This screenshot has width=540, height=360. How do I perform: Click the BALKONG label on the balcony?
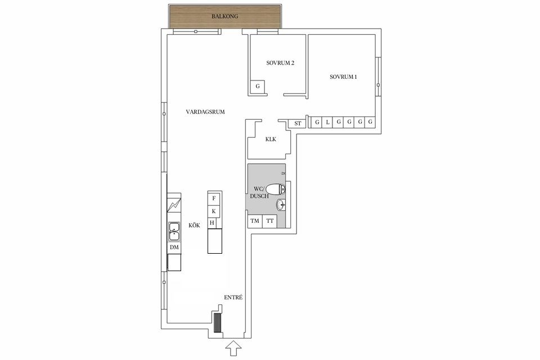[225, 17]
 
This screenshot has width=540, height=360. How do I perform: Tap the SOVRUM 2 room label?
[280, 63]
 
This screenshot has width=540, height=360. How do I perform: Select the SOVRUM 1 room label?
[343, 76]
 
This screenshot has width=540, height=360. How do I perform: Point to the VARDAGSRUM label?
[205, 112]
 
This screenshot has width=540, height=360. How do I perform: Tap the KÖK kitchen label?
[195, 225]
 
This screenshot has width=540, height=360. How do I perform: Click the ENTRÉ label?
[233, 297]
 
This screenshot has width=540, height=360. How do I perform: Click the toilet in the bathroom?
[274, 190]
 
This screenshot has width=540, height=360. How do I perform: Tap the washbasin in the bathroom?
[281, 205]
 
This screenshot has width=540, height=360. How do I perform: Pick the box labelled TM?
[255, 221]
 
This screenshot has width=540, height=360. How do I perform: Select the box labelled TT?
[270, 221]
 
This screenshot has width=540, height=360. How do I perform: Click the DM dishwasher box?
[174, 247]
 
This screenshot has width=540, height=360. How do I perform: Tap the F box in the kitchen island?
[214, 199]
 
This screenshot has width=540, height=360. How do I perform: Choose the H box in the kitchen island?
[213, 223]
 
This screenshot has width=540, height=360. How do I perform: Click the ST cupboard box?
[298, 124]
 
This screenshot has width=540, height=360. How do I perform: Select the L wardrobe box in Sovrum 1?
[328, 122]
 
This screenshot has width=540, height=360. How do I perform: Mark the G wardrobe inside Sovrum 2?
[258, 87]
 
